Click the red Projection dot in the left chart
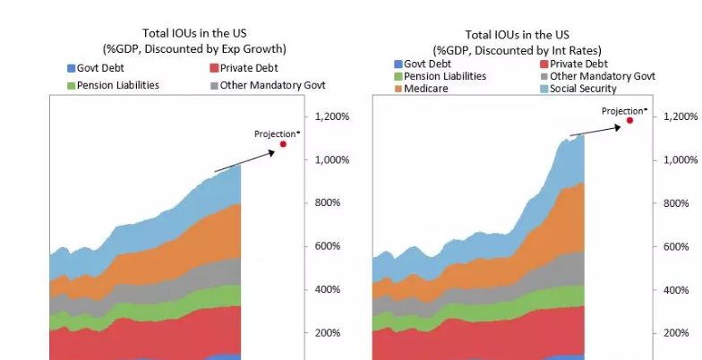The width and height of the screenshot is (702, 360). (283, 144)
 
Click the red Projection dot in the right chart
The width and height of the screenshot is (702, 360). (629, 120)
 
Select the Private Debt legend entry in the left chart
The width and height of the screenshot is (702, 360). (243, 68)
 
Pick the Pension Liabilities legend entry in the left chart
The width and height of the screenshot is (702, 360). (114, 85)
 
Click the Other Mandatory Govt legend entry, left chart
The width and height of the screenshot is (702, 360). (266, 85)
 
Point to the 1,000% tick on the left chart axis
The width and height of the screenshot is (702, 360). (331, 159)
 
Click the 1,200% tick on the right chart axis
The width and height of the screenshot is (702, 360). (680, 116)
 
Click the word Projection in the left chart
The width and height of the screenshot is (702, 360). (274, 133)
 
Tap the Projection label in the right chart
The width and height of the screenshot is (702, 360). (621, 111)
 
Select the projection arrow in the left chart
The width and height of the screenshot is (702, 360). (244, 161)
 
